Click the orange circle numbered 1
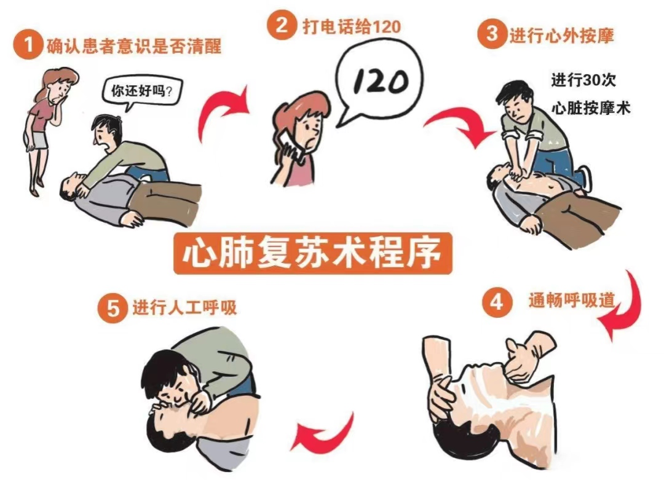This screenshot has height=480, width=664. [28, 45]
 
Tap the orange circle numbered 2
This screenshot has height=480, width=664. [281, 25]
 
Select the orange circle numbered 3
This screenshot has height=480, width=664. [492, 33]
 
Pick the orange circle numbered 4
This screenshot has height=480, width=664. [497, 302]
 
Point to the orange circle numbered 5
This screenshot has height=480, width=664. [113, 308]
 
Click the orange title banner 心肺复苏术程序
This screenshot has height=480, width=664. [313, 253]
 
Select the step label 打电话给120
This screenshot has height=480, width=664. [352, 26]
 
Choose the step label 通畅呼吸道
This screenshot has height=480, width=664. [571, 300]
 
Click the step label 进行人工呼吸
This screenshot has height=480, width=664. [184, 307]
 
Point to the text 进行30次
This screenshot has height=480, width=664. [583, 80]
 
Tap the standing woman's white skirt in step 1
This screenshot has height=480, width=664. [40, 140]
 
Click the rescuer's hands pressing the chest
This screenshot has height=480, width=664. [516, 171]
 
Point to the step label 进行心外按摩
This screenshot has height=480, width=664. [561, 36]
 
